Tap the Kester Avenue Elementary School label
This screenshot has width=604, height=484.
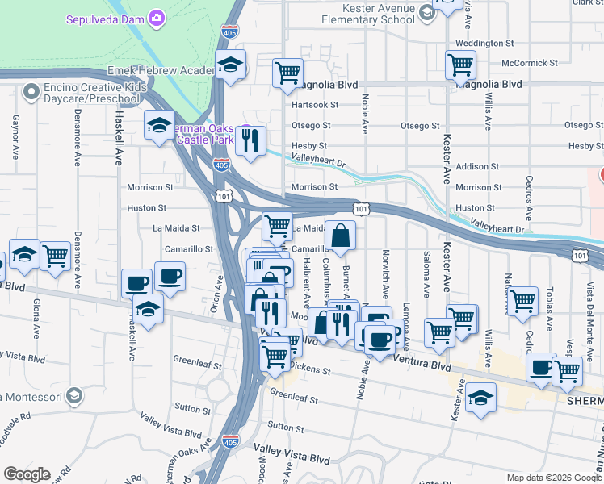pos(367,13)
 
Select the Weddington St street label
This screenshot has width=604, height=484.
pos(484,43)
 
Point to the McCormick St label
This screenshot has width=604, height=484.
pos(529,63)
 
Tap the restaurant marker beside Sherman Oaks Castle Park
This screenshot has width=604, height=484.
pos(250,140)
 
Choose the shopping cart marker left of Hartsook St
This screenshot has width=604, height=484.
pos(287,73)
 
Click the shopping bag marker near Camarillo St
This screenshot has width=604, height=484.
pos(341,236)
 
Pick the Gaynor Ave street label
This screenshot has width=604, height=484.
pos(15,133)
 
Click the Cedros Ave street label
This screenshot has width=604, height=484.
pos(529,198)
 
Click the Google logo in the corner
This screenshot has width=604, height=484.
pos(27,474)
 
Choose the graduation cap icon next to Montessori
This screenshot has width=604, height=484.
pos(74,395)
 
